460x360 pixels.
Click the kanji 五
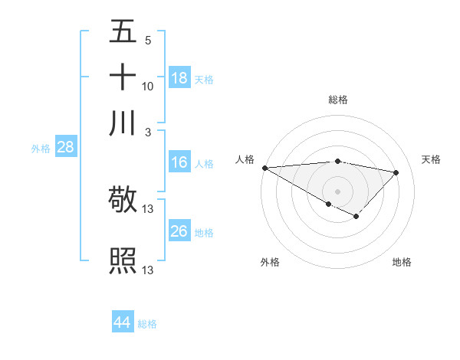123,32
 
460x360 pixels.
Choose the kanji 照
123,260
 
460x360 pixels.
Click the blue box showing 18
179,78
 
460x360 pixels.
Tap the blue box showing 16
179,162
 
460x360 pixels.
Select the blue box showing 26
179,231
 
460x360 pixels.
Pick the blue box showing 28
65,148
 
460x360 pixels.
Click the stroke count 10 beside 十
148,87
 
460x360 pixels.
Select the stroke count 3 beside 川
148,132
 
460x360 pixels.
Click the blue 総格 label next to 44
147,324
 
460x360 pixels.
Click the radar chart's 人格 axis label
245,159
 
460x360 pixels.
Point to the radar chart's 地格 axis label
402,262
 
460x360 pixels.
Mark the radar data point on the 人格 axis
264,168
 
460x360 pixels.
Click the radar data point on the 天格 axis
396,173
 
